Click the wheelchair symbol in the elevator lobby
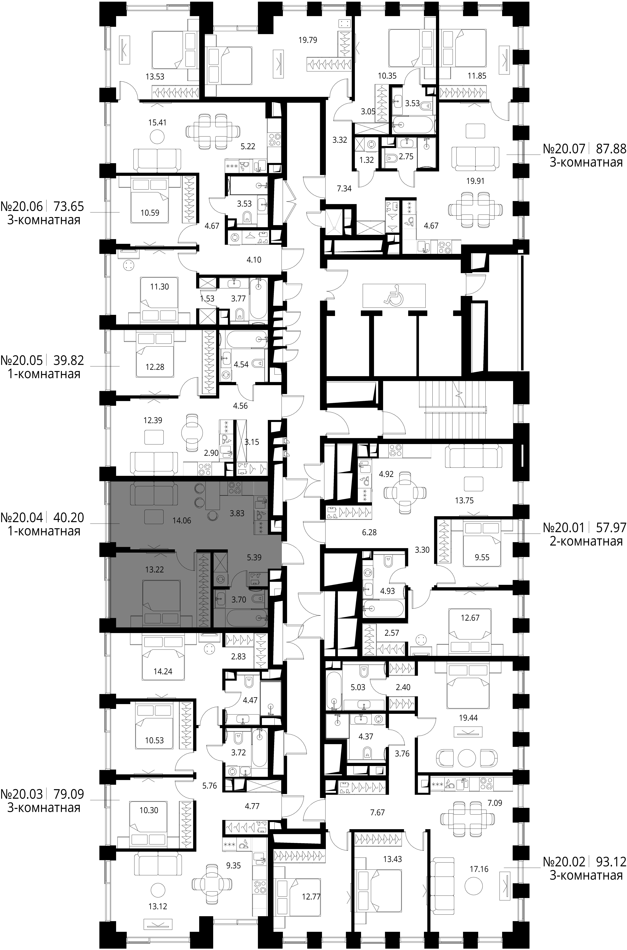pos(393,295)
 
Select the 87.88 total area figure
pos(611,149)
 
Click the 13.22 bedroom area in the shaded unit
pos(155,569)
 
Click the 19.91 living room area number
pos(475,181)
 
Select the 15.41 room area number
pos(157,122)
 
